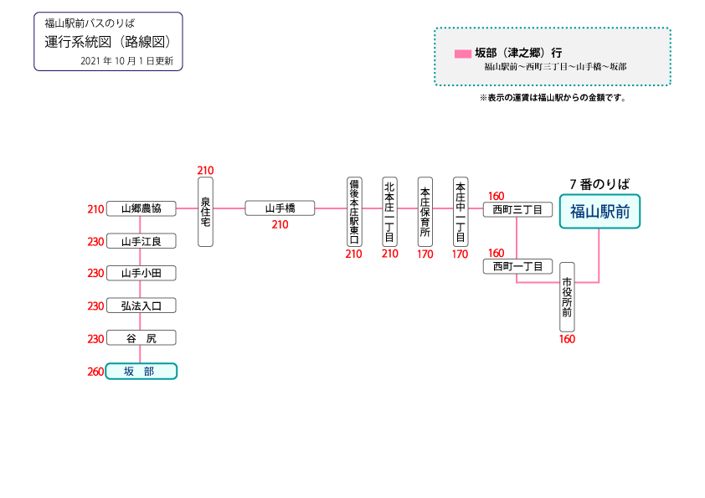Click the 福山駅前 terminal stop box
click(x=600, y=211)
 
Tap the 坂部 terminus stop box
click(x=141, y=372)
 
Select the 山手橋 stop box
click(x=280, y=208)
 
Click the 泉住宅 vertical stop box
click(x=205, y=211)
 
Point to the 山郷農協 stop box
click(x=141, y=208)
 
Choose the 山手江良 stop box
click(x=141, y=241)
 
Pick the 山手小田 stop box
click(x=141, y=273)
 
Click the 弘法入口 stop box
click(x=141, y=305)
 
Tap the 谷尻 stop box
click(x=141, y=338)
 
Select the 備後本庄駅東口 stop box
click(x=354, y=211)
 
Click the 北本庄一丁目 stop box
click(x=389, y=211)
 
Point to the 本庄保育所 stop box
click(x=425, y=211)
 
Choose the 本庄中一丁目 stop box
click(x=460, y=211)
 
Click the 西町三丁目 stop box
click(x=517, y=208)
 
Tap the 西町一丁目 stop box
click(x=517, y=266)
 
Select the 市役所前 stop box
click(x=567, y=296)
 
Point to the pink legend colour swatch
click(x=462, y=53)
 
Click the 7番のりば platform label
click(x=599, y=183)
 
